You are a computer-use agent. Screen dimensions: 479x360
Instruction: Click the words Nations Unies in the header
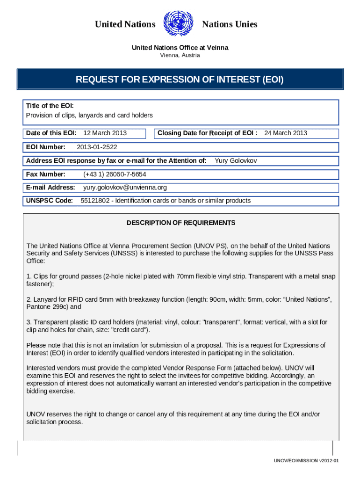click(230, 24)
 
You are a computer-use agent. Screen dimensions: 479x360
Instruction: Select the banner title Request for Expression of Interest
click(180, 80)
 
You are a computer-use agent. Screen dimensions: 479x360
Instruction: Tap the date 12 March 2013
click(105, 133)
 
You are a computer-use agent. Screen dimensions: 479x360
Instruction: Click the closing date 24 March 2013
click(286, 133)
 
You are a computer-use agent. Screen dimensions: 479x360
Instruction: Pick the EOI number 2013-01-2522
click(97, 147)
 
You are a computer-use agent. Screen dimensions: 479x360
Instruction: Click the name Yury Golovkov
click(236, 161)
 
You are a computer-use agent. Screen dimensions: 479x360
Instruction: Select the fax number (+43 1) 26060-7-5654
click(115, 174)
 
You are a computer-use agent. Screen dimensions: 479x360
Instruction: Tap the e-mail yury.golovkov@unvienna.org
click(125, 188)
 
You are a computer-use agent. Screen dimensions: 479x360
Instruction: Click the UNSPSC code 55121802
click(96, 201)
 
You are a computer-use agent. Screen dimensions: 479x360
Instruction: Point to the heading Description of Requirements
click(181, 223)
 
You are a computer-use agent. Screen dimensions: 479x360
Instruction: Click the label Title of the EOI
click(50, 106)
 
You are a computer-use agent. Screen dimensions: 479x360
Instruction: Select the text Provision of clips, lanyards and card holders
click(89, 115)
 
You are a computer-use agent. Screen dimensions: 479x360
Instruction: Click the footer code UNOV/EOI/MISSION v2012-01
click(306, 461)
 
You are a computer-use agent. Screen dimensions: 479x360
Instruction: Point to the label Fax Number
click(45, 174)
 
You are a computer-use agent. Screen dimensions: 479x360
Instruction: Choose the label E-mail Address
click(50, 188)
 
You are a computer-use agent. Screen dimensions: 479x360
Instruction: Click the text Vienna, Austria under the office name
click(180, 55)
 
